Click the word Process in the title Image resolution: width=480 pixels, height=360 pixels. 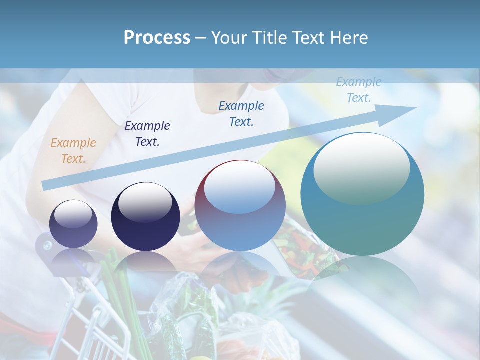[x=157, y=38]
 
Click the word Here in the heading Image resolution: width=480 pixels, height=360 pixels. [x=349, y=38]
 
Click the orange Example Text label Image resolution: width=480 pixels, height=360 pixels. [x=73, y=151]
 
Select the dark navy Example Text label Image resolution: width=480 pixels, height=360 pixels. [x=147, y=134]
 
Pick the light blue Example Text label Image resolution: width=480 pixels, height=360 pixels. [x=358, y=90]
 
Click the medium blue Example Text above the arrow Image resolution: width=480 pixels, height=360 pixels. [x=241, y=113]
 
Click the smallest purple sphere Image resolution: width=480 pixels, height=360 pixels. [x=73, y=224]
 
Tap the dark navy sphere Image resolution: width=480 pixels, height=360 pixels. [x=145, y=217]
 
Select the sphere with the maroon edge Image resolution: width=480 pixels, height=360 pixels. [x=240, y=205]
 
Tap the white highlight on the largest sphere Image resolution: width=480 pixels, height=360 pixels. [x=361, y=167]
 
